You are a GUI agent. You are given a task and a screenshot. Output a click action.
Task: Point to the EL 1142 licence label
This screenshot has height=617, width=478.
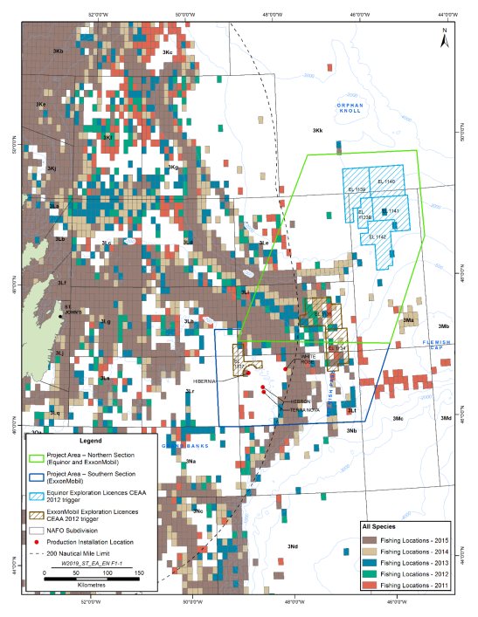[x=378, y=237]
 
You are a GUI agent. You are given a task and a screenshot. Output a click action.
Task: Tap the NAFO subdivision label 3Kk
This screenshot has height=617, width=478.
[x=318, y=130]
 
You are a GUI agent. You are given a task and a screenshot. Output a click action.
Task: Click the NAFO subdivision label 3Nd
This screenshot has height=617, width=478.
[x=293, y=546]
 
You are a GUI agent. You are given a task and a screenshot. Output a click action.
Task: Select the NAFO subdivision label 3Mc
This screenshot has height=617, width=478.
[x=399, y=419]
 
